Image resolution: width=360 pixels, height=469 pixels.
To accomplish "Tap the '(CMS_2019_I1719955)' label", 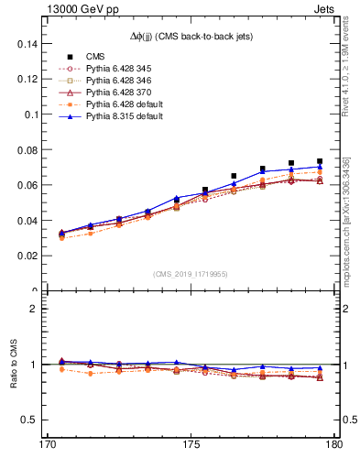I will (x=190, y=274).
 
